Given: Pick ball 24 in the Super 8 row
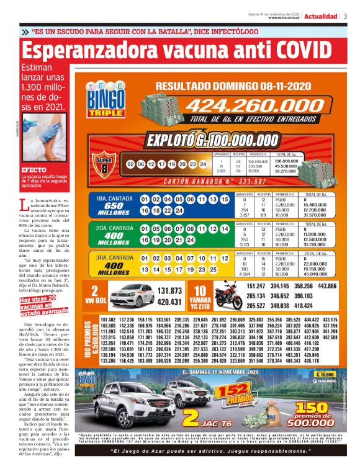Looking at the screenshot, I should [x=202, y=164].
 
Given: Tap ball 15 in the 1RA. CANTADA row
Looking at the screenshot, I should [x=226, y=199].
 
